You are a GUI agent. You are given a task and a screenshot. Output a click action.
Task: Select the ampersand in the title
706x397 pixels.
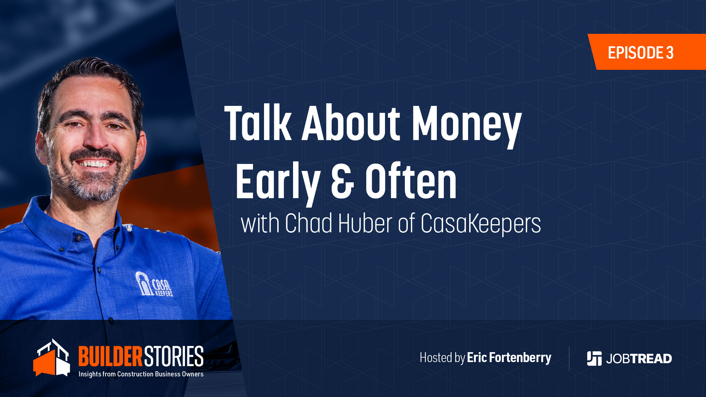343,182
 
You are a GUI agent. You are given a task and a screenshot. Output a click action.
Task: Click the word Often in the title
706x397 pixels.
411,180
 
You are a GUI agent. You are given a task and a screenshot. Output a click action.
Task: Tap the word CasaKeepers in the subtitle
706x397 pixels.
481,224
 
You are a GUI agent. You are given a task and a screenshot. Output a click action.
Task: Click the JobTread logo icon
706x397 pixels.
594,358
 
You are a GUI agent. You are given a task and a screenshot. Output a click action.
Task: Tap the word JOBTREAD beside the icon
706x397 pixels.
639,359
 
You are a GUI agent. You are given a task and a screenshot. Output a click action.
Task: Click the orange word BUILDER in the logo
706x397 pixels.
110,356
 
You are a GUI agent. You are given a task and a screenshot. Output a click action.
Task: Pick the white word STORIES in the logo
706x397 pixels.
174,356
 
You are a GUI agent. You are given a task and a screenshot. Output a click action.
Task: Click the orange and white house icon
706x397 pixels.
51,358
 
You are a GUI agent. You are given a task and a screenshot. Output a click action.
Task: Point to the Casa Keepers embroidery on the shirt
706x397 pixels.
154,284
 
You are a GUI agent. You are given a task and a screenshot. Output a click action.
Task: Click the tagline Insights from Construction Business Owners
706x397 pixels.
141,374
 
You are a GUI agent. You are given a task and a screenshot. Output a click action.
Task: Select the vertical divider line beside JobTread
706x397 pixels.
569,358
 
